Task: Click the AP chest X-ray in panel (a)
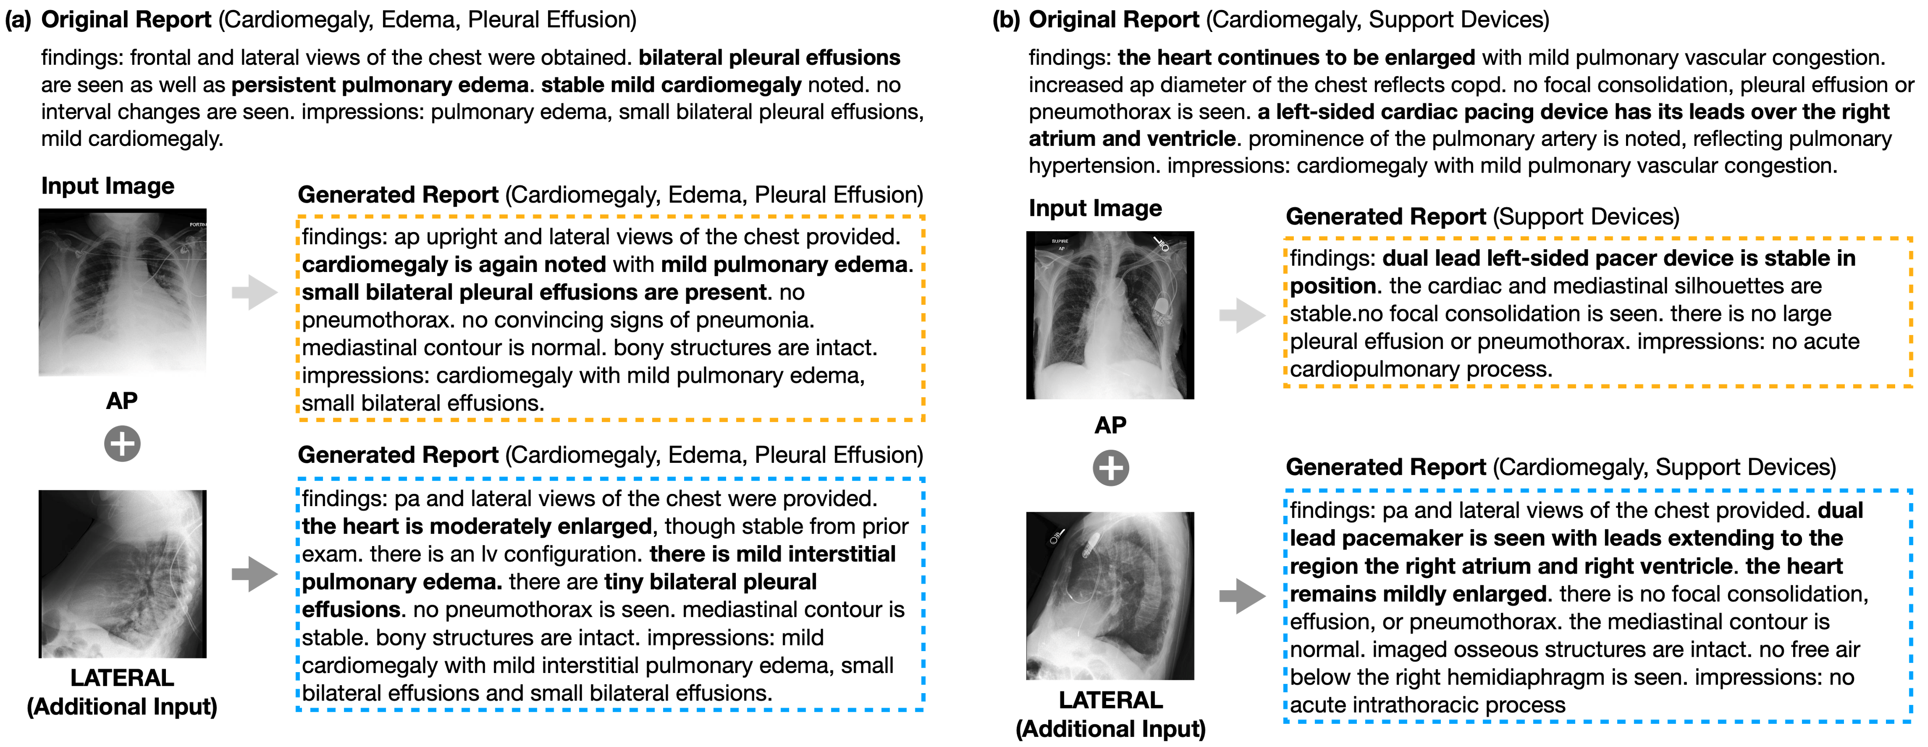pyautogui.click(x=123, y=292)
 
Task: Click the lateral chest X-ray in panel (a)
pyautogui.click(x=123, y=574)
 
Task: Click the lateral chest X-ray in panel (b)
pyautogui.click(x=1110, y=596)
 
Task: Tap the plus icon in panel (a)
pyautogui.click(x=122, y=444)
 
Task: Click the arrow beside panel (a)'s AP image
pyautogui.click(x=254, y=292)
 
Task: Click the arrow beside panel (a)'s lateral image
pyautogui.click(x=254, y=574)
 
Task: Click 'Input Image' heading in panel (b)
pyautogui.click(x=1095, y=208)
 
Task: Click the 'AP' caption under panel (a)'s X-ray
pyautogui.click(x=122, y=401)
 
